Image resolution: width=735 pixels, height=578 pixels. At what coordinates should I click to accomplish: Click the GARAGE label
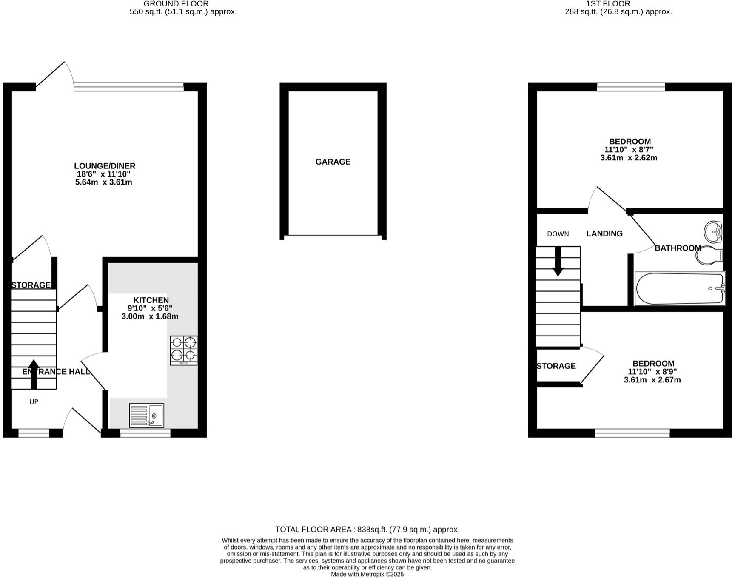333,162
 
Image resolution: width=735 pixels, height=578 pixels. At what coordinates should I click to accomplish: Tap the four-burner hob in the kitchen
184,350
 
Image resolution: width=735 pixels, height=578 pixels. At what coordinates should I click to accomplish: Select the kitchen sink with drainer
146,415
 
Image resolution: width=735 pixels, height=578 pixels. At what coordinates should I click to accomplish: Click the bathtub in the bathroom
679,288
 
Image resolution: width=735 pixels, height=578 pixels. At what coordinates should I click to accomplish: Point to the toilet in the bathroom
709,255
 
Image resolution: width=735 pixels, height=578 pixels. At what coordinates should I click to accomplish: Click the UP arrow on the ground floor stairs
34,374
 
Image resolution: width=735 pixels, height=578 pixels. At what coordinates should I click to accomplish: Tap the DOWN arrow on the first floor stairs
558,261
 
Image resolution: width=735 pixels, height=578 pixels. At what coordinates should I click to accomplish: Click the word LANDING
604,233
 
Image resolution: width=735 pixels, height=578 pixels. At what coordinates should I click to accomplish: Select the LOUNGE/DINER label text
105,166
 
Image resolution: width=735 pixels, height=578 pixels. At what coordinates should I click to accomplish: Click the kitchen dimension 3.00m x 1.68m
150,316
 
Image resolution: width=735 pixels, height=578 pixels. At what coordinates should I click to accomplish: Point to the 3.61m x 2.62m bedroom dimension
629,158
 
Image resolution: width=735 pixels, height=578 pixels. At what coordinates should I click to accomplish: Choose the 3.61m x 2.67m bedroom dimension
652,380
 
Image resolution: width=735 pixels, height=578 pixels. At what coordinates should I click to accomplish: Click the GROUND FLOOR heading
176,4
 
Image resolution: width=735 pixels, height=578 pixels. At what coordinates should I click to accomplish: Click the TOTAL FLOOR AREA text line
367,530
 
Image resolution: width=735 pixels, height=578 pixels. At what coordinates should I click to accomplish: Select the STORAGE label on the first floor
556,366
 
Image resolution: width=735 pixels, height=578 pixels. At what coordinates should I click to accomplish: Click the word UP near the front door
34,401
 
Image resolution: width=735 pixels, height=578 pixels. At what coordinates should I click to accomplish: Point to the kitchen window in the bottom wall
145,433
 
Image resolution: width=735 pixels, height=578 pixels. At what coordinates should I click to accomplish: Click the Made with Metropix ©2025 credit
367,574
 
